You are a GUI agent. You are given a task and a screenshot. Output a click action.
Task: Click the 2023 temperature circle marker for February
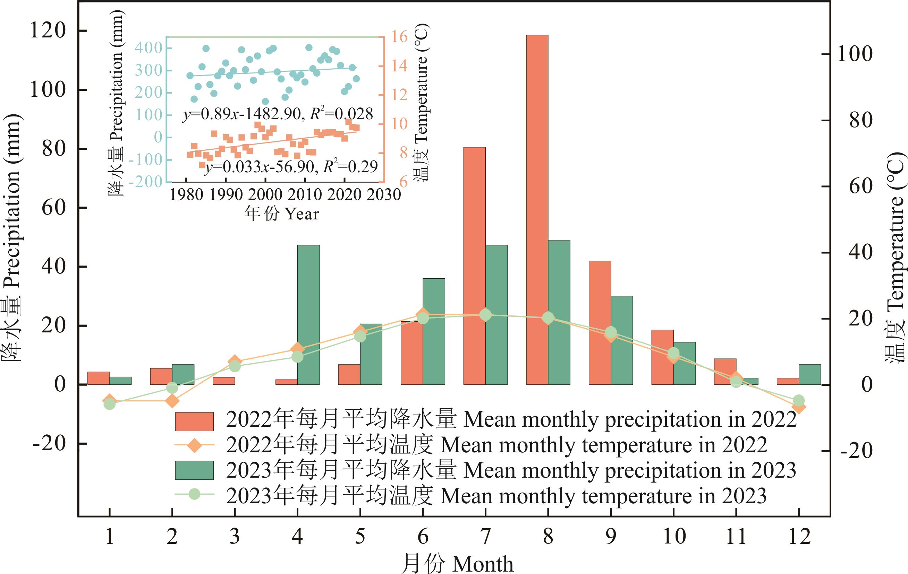pos(172,388)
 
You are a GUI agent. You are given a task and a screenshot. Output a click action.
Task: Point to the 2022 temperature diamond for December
pos(798,407)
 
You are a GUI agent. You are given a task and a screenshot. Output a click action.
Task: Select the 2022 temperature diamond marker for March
pos(235,361)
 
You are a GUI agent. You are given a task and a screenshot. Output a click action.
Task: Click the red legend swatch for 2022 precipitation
pos(194,421)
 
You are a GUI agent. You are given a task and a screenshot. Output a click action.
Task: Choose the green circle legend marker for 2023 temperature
pos(194,493)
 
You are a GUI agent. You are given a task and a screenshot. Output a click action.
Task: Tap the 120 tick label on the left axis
pos(48,31)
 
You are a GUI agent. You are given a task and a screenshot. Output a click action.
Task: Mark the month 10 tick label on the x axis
pos(674,536)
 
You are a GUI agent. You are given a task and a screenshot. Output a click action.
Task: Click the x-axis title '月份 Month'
pos(457,564)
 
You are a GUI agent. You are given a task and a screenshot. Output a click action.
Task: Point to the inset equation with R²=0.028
pos(278,114)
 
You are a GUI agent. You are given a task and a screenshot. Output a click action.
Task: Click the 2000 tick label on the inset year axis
pos(265,195)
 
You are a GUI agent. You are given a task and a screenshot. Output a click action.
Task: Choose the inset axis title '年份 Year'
pos(281,214)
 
